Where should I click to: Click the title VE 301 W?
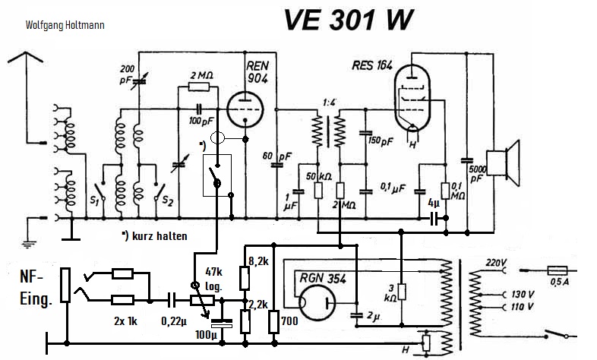350,21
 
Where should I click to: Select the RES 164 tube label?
371,65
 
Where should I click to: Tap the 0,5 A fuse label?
560,285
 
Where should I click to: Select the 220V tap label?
494,264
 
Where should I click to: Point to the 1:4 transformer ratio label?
329,102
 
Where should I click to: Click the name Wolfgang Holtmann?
65,24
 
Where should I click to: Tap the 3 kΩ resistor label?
390,293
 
